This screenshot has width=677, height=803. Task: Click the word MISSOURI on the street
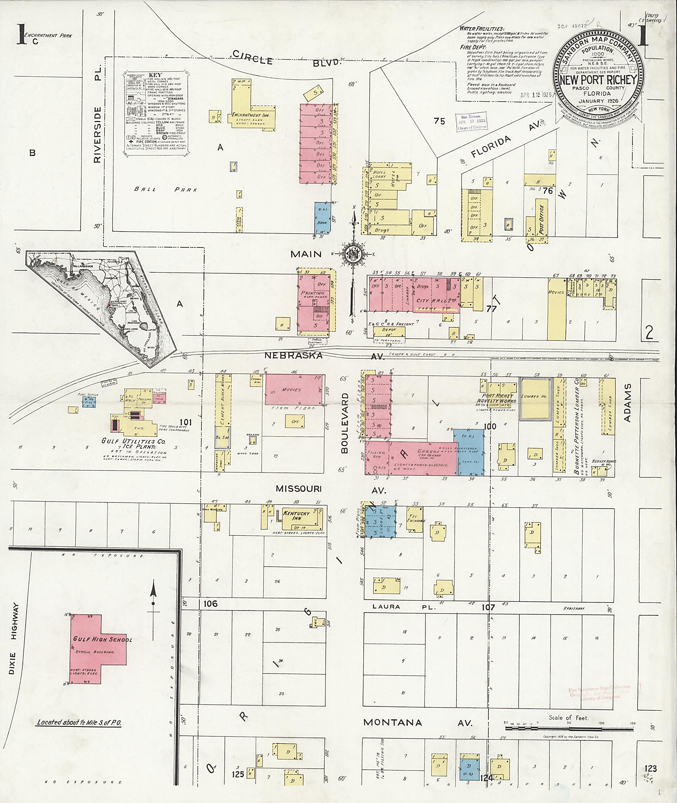[298, 489]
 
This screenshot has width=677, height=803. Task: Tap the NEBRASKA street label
[293, 355]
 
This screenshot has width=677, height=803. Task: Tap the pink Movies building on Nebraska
[294, 390]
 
